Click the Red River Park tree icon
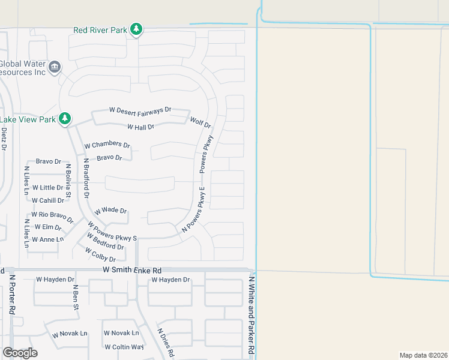tap(137, 28)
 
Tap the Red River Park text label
tap(101, 29)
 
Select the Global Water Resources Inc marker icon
tap(55, 66)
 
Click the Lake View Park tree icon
tap(65, 119)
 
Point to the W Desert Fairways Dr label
tap(140, 110)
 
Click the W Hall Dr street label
tap(140, 127)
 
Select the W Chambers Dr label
tap(107, 145)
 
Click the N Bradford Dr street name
tap(86, 178)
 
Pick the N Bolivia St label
tap(68, 181)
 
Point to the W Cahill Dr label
tap(48, 200)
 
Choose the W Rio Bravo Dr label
tap(52, 215)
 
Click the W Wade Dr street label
tap(110, 211)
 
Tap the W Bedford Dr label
tap(105, 242)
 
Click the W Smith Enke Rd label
tap(132, 271)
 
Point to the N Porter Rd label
tap(11, 294)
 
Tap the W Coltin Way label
tap(124, 347)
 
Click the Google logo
tap(20, 353)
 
